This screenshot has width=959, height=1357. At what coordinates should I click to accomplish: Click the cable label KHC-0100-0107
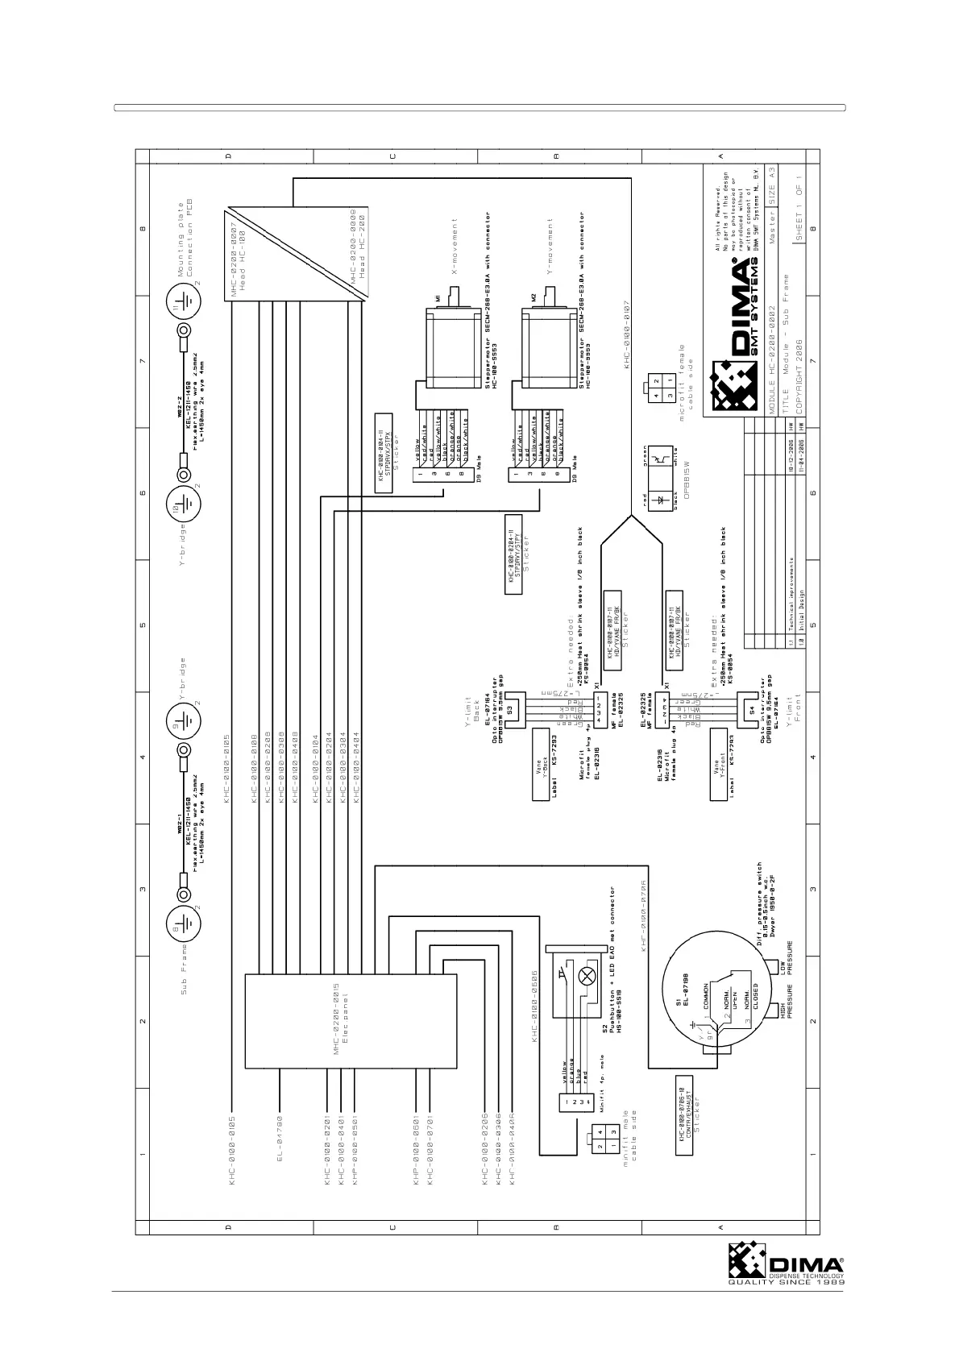pyautogui.click(x=626, y=335)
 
